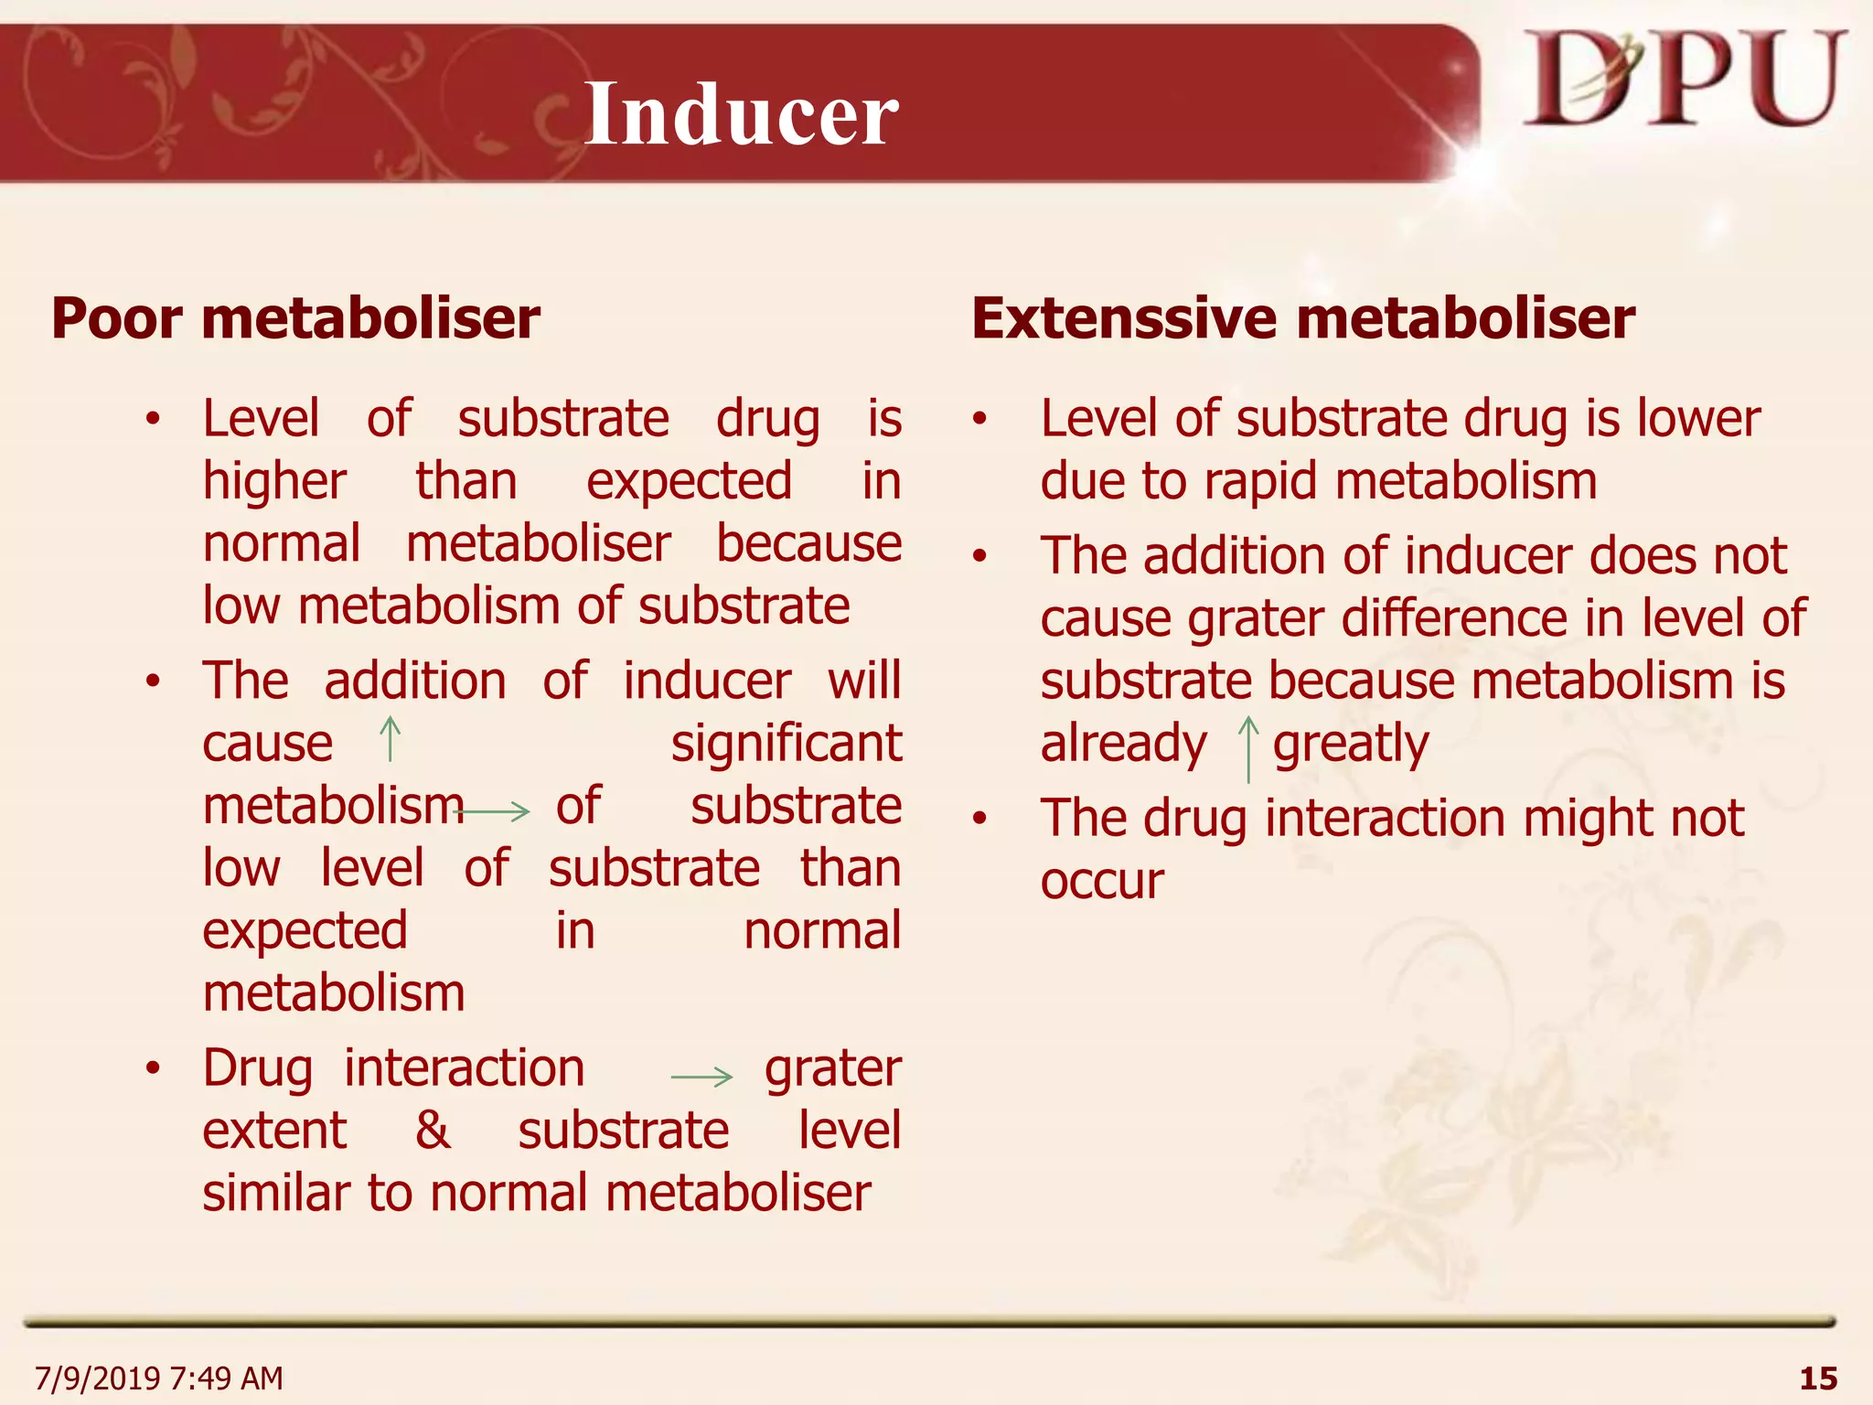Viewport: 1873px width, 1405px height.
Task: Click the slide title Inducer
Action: [x=742, y=114]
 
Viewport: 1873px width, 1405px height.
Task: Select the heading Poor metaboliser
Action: [x=295, y=318]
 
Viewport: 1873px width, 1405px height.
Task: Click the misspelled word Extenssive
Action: [x=1124, y=318]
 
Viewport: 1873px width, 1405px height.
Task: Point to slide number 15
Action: [x=1817, y=1378]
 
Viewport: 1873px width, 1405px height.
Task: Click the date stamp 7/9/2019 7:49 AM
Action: [x=159, y=1378]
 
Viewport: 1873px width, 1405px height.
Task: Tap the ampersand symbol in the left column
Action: [x=433, y=1130]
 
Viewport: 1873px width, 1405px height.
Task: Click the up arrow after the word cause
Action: [x=391, y=739]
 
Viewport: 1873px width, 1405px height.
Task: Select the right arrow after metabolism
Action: [x=495, y=810]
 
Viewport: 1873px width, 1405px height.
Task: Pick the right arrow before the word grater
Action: [x=701, y=1077]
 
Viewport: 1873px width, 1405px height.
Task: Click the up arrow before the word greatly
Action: [x=1248, y=748]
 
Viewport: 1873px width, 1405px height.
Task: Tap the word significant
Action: [x=787, y=743]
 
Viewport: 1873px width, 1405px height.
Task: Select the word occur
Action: [x=1102, y=881]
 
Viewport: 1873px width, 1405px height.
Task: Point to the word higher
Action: [x=274, y=481]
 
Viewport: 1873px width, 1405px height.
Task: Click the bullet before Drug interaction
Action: [x=153, y=1067]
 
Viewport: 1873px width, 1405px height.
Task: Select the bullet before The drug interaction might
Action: [x=980, y=818]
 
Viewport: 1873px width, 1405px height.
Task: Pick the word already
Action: [x=1123, y=743]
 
